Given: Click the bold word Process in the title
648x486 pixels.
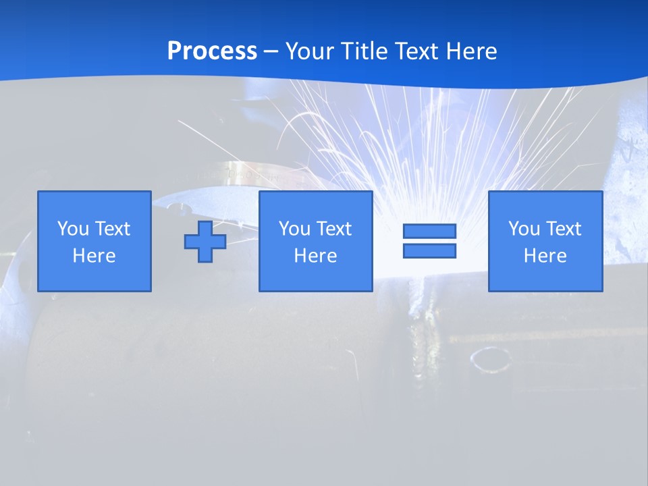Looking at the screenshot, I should coord(212,51).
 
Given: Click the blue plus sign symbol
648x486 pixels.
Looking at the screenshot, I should coord(205,242).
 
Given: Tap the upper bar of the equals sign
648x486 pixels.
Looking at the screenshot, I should coord(429,232).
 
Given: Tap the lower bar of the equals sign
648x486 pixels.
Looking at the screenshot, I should coord(429,250).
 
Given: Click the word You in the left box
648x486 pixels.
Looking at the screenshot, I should coord(74,229).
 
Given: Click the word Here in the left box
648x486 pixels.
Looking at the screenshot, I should coord(94,256).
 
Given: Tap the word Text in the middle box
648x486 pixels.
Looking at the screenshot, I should coord(333,229).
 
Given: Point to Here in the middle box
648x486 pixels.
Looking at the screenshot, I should coord(316,256).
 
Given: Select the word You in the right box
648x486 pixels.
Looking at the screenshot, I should coord(524,229).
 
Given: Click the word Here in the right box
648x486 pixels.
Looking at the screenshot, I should coord(545,256).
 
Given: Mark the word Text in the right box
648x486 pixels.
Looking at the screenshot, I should coord(563,229).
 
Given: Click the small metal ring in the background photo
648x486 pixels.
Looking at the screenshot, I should coord(491,359).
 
